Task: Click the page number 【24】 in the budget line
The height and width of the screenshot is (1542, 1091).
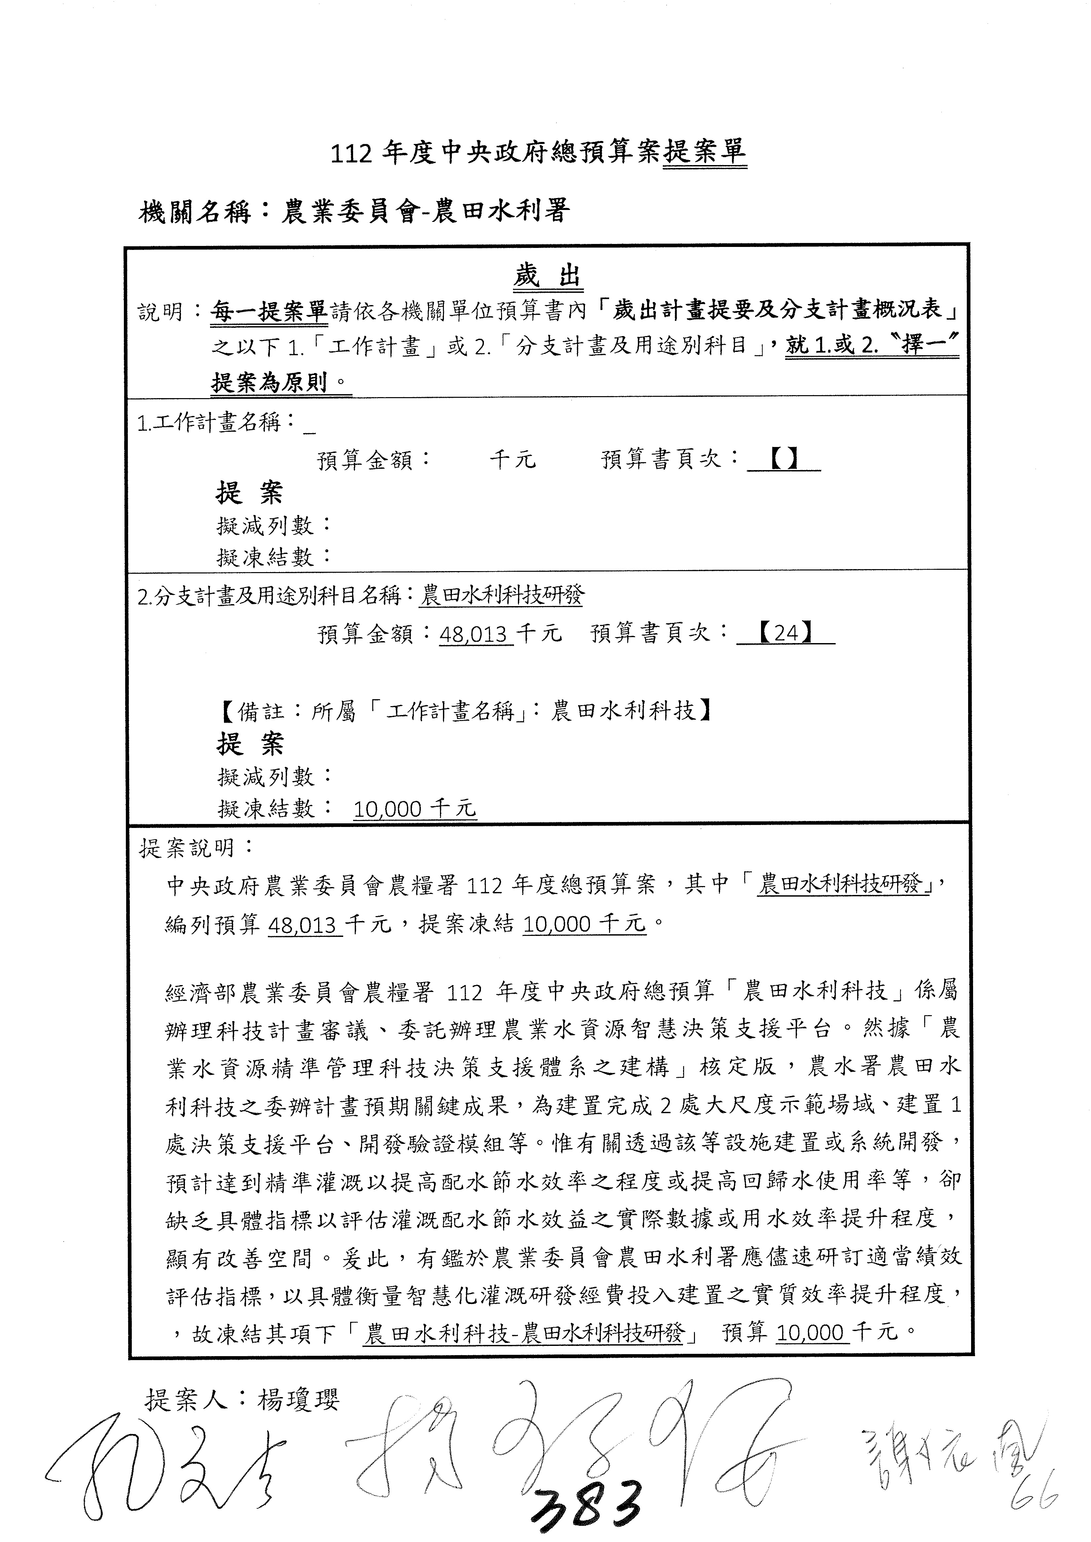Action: point(785,633)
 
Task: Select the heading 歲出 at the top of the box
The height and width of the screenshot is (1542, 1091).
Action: point(548,275)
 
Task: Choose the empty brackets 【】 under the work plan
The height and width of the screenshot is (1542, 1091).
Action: point(783,460)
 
